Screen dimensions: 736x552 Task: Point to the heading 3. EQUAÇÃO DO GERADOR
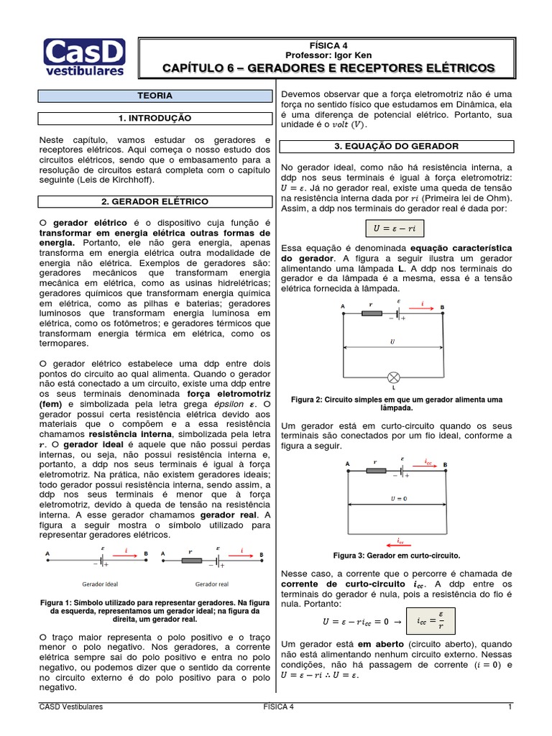coord(396,146)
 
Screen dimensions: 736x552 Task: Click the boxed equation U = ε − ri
coord(396,229)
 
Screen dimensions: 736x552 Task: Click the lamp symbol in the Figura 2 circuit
coord(393,377)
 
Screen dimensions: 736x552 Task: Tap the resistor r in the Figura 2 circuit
coord(371,315)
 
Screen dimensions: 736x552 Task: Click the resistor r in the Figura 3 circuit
coord(376,471)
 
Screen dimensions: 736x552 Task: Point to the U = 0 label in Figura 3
coord(393,498)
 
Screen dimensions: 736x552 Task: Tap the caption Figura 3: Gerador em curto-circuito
coord(396,556)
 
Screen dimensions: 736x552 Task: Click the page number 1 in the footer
coord(509,707)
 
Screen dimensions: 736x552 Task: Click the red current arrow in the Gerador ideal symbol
coord(126,556)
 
